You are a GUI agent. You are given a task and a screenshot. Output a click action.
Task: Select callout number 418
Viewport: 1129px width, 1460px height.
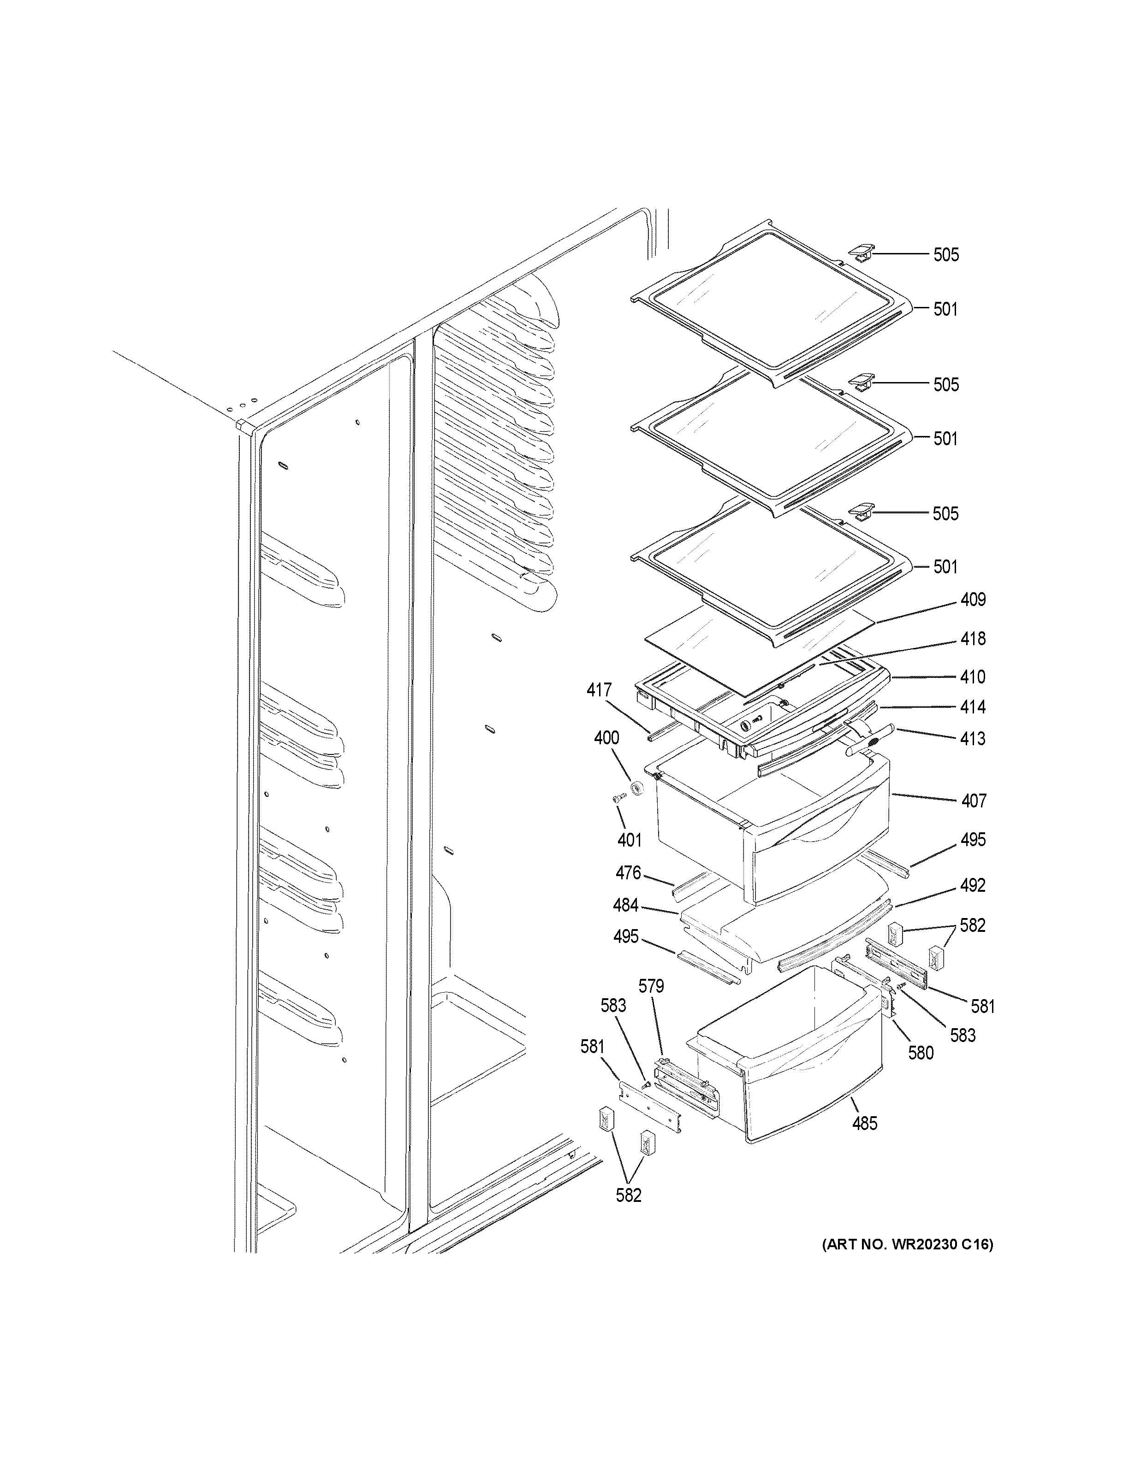tap(973, 639)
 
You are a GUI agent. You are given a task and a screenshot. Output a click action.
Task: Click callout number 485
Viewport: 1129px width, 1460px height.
tap(864, 1124)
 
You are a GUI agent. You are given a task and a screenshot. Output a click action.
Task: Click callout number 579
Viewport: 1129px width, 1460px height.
tap(650, 986)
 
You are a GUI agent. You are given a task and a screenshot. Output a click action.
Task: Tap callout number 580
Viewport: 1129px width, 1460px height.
tap(921, 1053)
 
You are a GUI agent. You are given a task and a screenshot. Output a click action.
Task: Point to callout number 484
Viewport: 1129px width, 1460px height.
tap(625, 906)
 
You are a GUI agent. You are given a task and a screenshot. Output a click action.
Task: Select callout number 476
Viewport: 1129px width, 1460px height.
tap(628, 872)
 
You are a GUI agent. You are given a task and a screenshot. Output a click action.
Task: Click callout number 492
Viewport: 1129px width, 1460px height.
tap(973, 885)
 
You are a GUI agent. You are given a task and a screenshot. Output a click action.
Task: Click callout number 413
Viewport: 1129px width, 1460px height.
tap(973, 739)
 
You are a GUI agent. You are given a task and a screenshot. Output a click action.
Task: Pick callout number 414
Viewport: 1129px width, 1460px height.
tap(973, 707)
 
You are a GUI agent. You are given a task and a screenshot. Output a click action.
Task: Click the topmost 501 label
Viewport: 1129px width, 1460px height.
tap(945, 310)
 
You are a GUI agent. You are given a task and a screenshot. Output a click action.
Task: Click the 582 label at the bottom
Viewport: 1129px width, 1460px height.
tap(628, 1195)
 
